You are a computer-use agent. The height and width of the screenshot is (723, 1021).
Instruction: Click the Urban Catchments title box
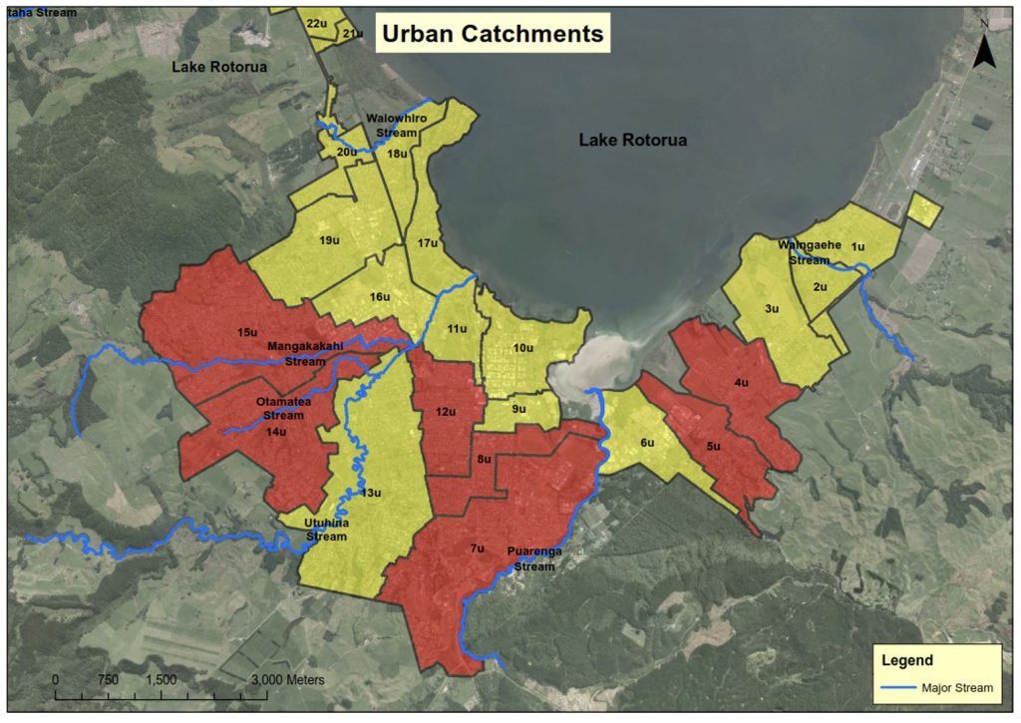(x=490, y=34)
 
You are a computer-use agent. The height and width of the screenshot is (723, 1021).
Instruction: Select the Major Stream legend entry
(x=936, y=687)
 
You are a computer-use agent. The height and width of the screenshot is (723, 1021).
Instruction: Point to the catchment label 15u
(x=247, y=331)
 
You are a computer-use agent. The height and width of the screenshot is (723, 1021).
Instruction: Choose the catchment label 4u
(x=741, y=382)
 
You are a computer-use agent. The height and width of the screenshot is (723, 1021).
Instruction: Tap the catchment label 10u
(x=522, y=348)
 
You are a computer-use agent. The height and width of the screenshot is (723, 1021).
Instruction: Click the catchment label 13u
(x=371, y=493)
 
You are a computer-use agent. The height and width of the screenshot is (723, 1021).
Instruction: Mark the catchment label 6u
(x=647, y=443)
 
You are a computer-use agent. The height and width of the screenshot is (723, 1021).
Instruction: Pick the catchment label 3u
(x=771, y=309)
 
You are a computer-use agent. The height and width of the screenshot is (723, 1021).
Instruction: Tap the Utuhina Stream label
(x=326, y=530)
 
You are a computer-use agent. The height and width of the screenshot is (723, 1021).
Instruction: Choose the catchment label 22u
(x=317, y=23)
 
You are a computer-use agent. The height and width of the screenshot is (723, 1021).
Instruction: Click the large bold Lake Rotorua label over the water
(x=632, y=141)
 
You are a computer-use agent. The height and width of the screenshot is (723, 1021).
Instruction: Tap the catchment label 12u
(x=446, y=412)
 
